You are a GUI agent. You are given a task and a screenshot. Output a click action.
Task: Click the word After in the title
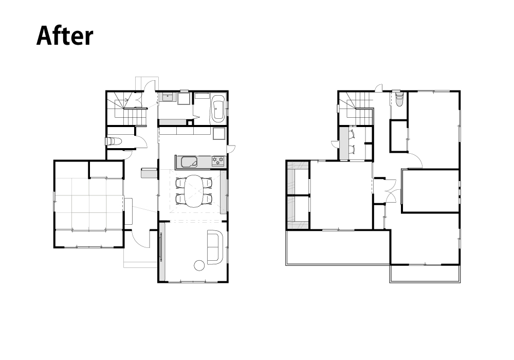(x=65, y=35)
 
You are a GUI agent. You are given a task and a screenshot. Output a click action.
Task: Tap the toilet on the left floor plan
(x=114, y=141)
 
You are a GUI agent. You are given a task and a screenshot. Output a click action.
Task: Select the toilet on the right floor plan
(x=399, y=98)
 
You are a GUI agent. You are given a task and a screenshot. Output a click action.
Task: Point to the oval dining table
(x=194, y=191)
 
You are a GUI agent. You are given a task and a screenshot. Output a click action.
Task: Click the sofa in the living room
(x=215, y=247)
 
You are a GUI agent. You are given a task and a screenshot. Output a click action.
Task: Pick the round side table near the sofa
(x=199, y=265)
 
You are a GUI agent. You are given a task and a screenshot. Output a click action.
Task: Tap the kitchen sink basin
(x=189, y=162)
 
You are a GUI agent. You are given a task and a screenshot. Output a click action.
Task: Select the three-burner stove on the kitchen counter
(x=218, y=160)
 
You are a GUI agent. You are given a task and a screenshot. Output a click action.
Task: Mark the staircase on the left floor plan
(x=126, y=109)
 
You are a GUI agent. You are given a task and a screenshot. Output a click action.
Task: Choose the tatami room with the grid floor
(x=89, y=204)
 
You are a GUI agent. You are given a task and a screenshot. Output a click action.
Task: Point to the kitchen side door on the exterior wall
(x=231, y=149)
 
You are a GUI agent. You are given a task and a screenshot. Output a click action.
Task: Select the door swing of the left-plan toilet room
(x=141, y=141)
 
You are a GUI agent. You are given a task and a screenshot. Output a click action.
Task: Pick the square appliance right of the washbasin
(x=184, y=98)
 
